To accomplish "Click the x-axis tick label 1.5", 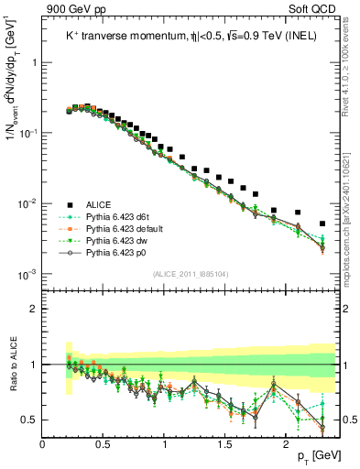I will click(x=225, y=443).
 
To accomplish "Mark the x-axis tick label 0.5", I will click(x=103, y=443).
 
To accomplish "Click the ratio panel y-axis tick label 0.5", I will click(x=29, y=420).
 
